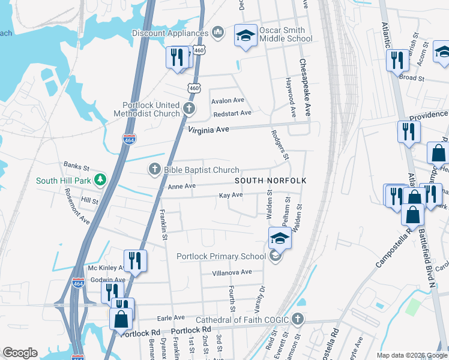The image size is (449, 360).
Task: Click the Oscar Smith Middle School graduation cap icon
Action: click(x=245, y=35)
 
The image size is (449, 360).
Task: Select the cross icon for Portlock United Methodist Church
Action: click(x=189, y=109)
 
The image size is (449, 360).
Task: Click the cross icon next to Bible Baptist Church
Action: click(x=154, y=170)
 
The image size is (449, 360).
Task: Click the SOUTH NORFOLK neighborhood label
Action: click(x=271, y=181)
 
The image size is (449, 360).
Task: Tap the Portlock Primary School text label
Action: click(x=221, y=257)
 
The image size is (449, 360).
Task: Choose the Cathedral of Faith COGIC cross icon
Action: click(x=297, y=318)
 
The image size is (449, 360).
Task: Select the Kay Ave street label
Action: click(x=231, y=195)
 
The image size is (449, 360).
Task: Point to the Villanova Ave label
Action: click(x=232, y=272)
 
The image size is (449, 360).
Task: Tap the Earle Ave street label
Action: click(x=170, y=317)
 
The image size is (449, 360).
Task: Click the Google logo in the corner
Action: click(x=20, y=353)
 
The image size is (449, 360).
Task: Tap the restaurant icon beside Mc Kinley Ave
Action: click(x=135, y=261)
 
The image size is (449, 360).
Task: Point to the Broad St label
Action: click(x=412, y=78)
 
